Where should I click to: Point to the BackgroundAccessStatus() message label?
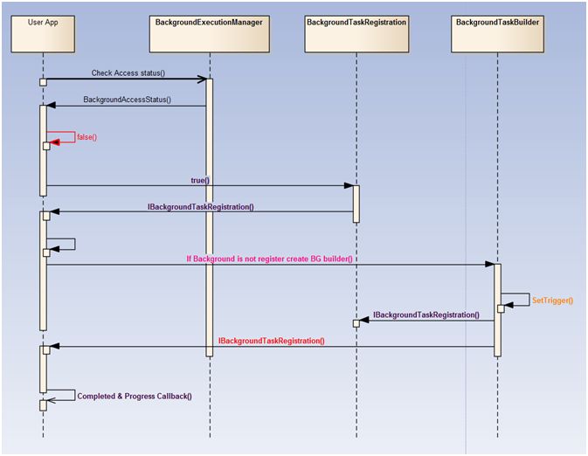click(x=127, y=100)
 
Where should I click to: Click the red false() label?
click(x=86, y=137)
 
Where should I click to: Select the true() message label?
click(x=200, y=180)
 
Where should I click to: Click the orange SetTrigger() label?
click(x=552, y=300)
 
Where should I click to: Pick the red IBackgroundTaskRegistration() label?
click(x=271, y=341)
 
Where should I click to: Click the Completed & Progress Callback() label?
click(x=135, y=396)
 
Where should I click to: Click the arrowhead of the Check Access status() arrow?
click(x=202, y=79)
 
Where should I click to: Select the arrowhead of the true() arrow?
click(x=348, y=185)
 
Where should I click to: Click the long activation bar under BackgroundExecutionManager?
click(x=210, y=218)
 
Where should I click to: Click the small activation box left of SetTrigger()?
click(x=501, y=308)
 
